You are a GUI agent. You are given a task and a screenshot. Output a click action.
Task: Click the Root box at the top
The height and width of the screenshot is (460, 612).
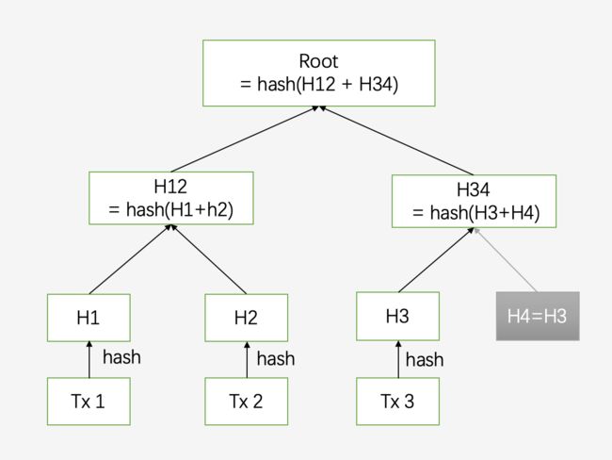(319, 74)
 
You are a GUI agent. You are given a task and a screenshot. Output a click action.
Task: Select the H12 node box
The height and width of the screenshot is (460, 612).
(171, 198)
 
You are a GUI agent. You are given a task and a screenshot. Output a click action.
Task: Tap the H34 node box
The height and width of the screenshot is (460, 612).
(474, 202)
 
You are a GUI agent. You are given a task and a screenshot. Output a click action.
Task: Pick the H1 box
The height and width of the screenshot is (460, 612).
(89, 318)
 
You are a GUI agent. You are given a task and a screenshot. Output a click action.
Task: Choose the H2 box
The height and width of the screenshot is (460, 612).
(247, 318)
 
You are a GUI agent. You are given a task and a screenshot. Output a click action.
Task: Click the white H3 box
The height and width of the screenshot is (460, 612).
(397, 316)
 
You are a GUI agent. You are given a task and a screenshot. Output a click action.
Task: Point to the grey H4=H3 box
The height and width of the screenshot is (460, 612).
(538, 316)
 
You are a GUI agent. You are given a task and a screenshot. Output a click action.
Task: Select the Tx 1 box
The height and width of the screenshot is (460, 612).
(89, 402)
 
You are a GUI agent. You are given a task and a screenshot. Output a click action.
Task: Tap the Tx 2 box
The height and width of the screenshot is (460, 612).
(247, 402)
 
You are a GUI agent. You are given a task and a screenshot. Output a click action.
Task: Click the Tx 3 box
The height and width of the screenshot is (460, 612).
(397, 402)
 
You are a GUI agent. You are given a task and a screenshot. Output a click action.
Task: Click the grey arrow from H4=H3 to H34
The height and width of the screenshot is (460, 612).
(506, 260)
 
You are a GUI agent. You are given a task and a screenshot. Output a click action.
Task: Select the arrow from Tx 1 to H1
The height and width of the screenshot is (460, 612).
(89, 359)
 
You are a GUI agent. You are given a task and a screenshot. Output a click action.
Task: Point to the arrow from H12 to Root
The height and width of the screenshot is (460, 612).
(245, 140)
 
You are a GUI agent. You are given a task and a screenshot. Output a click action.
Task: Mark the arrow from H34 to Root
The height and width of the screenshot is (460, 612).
(396, 140)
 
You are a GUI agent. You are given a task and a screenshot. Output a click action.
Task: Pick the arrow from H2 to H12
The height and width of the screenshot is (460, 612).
(209, 259)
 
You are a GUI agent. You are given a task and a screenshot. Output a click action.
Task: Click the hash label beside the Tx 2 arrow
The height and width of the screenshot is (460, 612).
(276, 359)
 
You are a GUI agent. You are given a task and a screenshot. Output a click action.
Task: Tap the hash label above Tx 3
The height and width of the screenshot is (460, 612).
(425, 359)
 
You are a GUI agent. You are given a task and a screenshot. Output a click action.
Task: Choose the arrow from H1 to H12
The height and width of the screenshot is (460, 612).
(130, 259)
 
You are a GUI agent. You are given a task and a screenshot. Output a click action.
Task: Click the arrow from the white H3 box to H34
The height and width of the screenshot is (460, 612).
(436, 260)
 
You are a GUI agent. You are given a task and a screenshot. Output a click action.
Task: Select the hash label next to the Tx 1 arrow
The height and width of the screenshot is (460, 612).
(121, 357)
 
